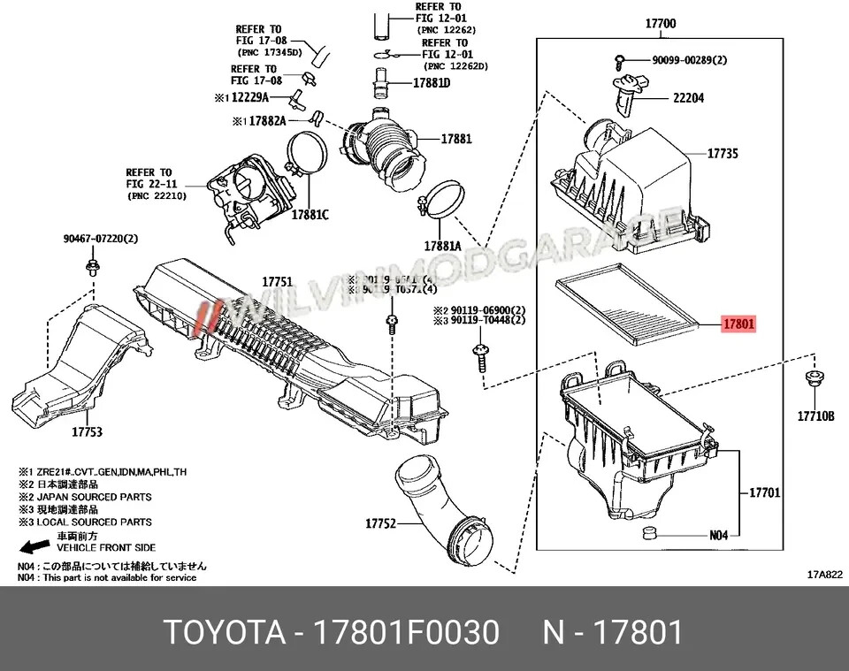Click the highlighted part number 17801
[x=738, y=324]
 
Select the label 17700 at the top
[x=661, y=24]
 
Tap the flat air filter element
[x=623, y=300]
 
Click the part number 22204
[x=688, y=98]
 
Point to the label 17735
[x=722, y=154]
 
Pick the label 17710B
[x=815, y=415]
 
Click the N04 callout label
[x=717, y=535]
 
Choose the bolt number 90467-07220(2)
[x=101, y=239]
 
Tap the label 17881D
[x=432, y=83]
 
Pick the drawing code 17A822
[x=824, y=574]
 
